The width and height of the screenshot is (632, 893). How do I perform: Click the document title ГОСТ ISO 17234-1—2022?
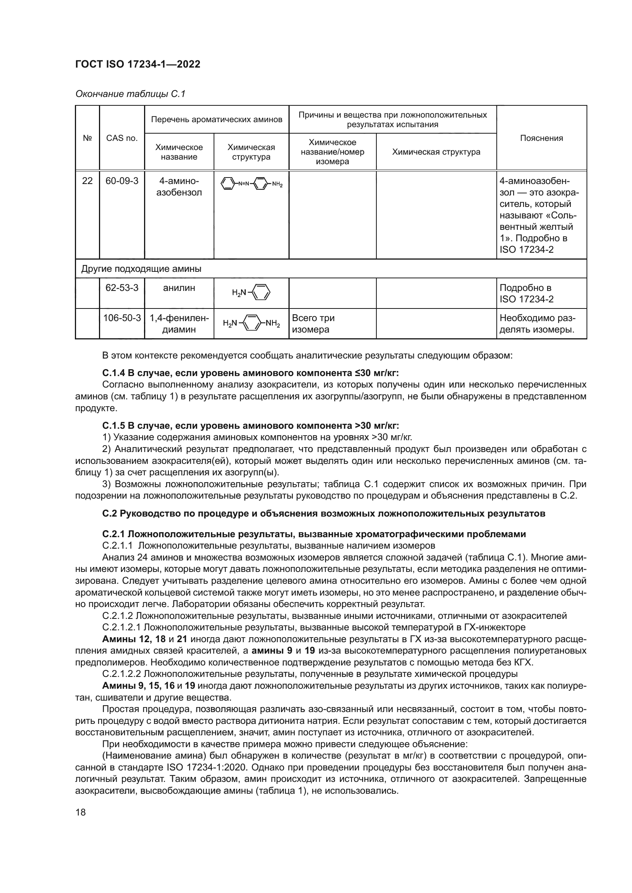(138, 65)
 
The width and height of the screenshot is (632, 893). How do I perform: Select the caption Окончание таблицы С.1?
(130, 94)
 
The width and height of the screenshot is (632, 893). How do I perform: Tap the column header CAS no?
(122, 138)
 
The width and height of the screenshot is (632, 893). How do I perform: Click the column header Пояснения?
(541, 138)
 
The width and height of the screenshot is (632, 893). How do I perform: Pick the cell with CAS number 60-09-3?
(122, 181)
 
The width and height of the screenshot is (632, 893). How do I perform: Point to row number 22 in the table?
(87, 181)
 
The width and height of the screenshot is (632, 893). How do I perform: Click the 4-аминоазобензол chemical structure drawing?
(251, 184)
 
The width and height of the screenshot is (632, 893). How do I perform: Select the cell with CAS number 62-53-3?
(122, 288)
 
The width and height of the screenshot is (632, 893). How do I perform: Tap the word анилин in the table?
(179, 288)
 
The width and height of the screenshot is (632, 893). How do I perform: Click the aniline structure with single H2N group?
(251, 293)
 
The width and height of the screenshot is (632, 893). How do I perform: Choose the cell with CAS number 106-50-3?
(122, 318)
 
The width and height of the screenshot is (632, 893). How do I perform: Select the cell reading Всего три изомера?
(313, 324)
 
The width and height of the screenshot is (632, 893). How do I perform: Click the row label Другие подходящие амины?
(141, 269)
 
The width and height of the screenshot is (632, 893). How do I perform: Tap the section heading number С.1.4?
(113, 373)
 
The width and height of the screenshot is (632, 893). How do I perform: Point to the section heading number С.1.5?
(113, 425)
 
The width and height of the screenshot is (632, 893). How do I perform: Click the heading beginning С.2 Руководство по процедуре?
(323, 514)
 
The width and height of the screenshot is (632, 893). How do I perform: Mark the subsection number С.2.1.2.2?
(122, 673)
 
